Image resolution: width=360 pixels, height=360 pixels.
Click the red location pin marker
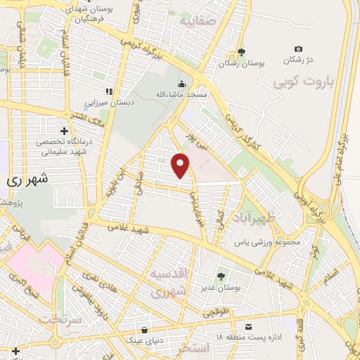[x=182, y=165]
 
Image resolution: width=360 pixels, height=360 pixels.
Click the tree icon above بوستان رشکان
[x=241, y=51]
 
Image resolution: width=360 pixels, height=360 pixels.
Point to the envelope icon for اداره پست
[x=248, y=327]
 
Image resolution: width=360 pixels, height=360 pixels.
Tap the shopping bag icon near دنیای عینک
[x=144, y=329]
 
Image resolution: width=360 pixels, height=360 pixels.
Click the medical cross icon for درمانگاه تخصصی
[x=65, y=131]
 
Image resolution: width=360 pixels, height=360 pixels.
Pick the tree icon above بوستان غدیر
[x=221, y=276]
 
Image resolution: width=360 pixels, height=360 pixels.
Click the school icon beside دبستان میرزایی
[x=108, y=91]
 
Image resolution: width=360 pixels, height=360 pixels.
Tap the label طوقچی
[x=214, y=314]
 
